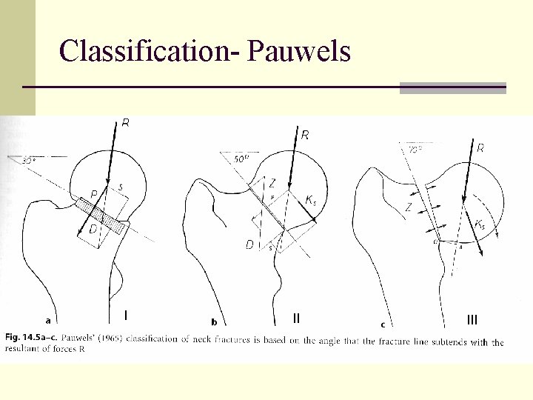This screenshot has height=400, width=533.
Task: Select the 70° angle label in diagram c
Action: (x=415, y=150)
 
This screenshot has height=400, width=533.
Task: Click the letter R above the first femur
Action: (x=126, y=124)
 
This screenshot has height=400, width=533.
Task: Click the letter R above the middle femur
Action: (x=305, y=135)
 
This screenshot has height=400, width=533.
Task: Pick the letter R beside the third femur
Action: (x=480, y=148)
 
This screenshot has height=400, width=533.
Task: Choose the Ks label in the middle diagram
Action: (x=312, y=200)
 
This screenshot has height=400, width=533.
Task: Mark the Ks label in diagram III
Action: (x=480, y=224)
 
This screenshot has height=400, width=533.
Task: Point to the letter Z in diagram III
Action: (x=408, y=207)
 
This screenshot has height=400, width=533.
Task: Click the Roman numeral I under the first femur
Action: (x=126, y=316)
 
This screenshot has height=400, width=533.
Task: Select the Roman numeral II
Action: (x=296, y=319)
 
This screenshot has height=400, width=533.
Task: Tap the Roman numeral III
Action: (x=472, y=319)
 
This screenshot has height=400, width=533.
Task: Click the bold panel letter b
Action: (x=214, y=322)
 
